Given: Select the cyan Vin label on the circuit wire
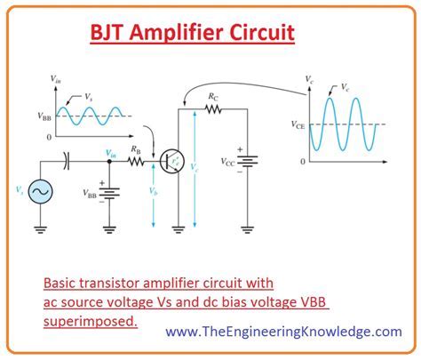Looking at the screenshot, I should (110, 153).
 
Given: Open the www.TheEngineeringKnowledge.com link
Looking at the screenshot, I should (268, 332).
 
